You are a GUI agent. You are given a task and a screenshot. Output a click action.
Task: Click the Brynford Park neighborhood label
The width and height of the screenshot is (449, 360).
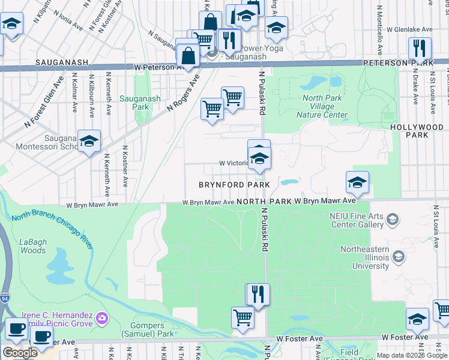pyautogui.click(x=235, y=185)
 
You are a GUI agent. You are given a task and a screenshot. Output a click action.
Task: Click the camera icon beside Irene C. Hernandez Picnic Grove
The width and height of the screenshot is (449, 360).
pyautogui.click(x=101, y=316)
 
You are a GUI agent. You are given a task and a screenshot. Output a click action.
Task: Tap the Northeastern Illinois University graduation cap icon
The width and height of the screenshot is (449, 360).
pyautogui.click(x=398, y=258)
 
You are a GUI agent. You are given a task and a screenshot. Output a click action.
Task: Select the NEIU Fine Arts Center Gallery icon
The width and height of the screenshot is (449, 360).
pyautogui.click(x=393, y=220)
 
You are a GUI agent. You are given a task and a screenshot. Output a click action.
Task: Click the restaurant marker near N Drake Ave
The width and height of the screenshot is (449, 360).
pyautogui.click(x=420, y=49)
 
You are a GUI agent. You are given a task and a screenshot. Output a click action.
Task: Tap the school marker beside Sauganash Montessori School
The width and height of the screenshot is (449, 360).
pyautogui.click(x=89, y=141)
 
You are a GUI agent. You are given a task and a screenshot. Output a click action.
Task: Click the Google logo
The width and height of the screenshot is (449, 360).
pyautogui.click(x=20, y=353)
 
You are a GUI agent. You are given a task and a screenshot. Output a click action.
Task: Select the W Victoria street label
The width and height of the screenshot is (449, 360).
pyautogui.click(x=234, y=163)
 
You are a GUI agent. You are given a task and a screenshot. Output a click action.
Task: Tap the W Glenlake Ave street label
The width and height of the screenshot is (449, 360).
pyautogui.click(x=409, y=29)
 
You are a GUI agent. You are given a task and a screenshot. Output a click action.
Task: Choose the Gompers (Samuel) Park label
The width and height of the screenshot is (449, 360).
pyautogui.click(x=148, y=329)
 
